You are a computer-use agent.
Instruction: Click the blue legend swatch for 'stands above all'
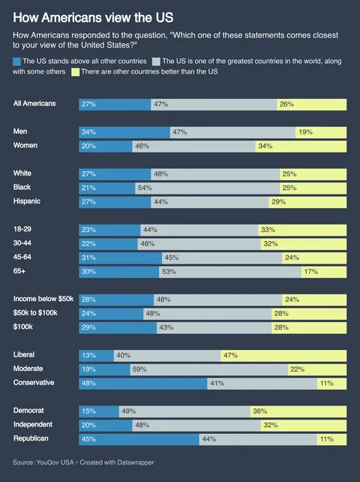[x=17, y=60]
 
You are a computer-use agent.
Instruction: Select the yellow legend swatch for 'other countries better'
[x=75, y=71]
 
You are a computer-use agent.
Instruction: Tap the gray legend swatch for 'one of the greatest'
[x=156, y=60]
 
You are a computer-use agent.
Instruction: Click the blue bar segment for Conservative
[x=142, y=383]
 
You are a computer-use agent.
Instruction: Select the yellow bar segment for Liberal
[x=283, y=354]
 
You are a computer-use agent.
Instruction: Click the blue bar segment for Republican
[x=139, y=438]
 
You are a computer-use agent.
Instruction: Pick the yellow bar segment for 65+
[x=324, y=272]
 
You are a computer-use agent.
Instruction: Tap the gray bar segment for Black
[x=207, y=187]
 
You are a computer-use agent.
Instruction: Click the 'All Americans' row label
[x=34, y=104]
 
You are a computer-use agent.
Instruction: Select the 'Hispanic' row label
[x=29, y=201]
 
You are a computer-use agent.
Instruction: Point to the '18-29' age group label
[x=24, y=229]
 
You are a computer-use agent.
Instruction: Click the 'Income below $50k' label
[x=44, y=299]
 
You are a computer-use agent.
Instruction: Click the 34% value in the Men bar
[x=89, y=132]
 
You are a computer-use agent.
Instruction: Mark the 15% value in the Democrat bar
[x=89, y=411]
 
